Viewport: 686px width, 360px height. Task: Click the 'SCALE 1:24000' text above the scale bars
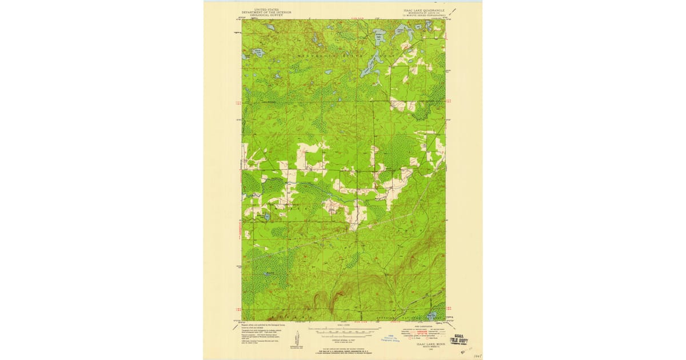(x=343, y=324)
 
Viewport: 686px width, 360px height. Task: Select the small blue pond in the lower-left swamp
(x=266, y=275)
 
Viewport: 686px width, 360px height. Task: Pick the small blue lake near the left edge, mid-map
(x=261, y=216)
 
